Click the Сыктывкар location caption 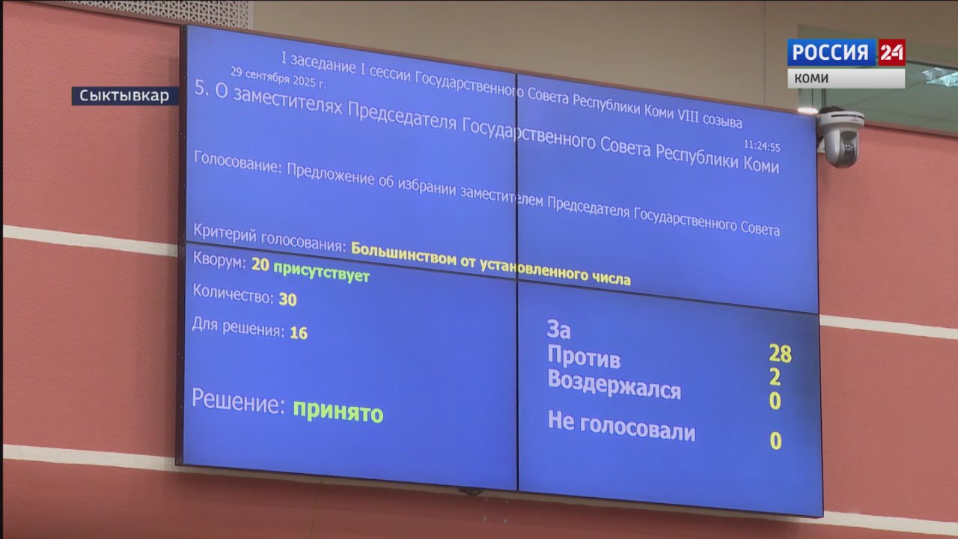coord(124,96)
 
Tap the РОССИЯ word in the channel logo coord(831,52)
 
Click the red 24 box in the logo coord(891,52)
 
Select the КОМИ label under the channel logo coord(811,79)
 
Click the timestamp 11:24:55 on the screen coord(762,146)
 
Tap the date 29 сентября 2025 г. coord(278,77)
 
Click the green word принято coord(338,412)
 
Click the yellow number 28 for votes coord(780,353)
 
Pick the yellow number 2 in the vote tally coord(775,377)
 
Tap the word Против coord(584,356)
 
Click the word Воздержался coord(614,385)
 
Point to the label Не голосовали coord(621,426)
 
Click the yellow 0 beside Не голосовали coord(775,441)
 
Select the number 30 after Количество coord(288,299)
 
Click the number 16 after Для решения coord(299,333)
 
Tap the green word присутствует coord(321,272)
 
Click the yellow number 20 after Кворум coord(260,264)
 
